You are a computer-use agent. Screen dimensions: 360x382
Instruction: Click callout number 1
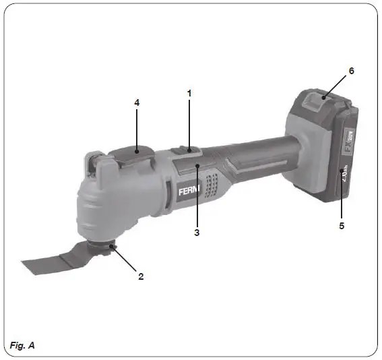[x=190, y=93]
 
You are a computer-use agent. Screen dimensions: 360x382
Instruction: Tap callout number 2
[x=141, y=276]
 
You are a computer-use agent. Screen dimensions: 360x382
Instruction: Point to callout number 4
[x=137, y=103]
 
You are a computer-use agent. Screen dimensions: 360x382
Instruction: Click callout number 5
[x=342, y=226]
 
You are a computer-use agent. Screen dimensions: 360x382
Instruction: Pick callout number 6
[x=351, y=70]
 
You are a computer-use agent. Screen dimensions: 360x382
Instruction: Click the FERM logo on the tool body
[x=187, y=191]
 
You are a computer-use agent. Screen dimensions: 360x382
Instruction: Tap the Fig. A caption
[x=22, y=346]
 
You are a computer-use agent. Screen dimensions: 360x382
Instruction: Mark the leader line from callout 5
[x=342, y=206]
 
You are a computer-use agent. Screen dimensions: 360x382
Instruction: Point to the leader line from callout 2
[x=128, y=261]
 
